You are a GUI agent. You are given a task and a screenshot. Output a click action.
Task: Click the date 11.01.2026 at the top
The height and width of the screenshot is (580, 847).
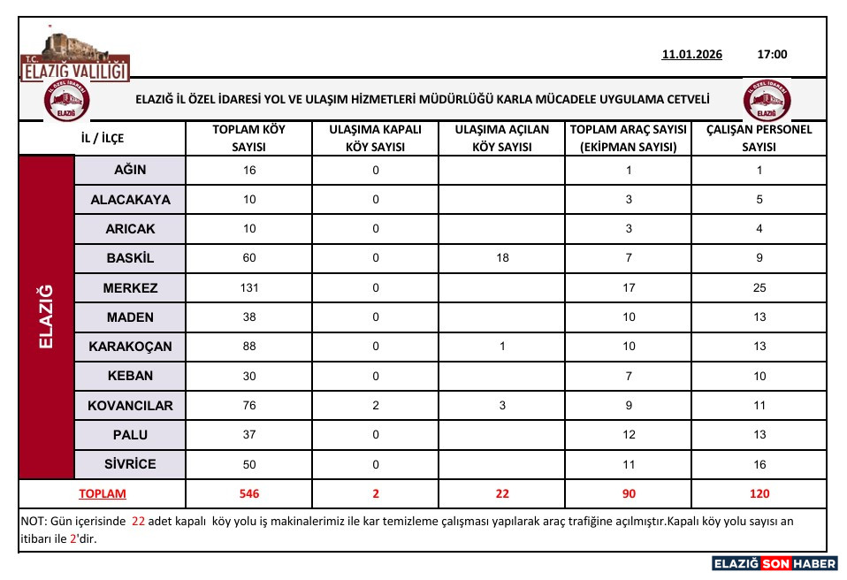pyautogui.click(x=691, y=55)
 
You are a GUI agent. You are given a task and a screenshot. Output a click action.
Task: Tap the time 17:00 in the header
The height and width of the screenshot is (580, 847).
pyautogui.click(x=772, y=55)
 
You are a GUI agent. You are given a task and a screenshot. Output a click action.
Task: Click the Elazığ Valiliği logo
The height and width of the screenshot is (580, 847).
pyautogui.click(x=75, y=58)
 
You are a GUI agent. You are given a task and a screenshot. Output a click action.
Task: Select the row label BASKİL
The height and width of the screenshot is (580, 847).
pyautogui.click(x=129, y=259)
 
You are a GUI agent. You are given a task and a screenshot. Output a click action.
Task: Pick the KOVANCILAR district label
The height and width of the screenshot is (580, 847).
pyautogui.click(x=130, y=406)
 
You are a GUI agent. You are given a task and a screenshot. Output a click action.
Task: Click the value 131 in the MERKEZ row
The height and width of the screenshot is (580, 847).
pyautogui.click(x=249, y=288)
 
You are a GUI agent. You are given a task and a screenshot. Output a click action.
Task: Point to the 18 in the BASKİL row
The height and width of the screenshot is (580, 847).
pyautogui.click(x=501, y=259)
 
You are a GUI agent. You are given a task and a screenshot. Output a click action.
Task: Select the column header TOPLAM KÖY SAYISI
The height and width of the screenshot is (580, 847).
pyautogui.click(x=249, y=138)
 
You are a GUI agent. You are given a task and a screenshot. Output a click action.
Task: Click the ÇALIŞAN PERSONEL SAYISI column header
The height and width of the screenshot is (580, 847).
pyautogui.click(x=759, y=138)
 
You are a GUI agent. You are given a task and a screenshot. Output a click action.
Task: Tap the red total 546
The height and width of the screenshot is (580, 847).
pyautogui.click(x=249, y=494)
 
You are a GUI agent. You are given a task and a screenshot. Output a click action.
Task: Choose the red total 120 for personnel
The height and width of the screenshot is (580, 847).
pyautogui.click(x=759, y=494)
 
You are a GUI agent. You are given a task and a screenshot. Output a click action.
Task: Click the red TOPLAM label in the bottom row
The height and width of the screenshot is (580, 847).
pyautogui.click(x=103, y=494)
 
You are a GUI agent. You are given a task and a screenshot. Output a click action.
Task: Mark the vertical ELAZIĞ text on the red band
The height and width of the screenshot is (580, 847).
pyautogui.click(x=47, y=317)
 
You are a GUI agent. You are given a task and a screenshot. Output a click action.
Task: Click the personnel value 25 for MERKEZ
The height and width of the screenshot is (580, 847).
pyautogui.click(x=759, y=288)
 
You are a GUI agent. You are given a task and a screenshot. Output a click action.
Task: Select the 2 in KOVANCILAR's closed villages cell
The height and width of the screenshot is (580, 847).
pyautogui.click(x=375, y=406)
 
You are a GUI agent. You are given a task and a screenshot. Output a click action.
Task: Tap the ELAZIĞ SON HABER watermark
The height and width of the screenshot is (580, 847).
pyautogui.click(x=775, y=563)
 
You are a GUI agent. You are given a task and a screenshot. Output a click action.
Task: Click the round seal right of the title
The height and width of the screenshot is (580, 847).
pyautogui.click(x=767, y=101)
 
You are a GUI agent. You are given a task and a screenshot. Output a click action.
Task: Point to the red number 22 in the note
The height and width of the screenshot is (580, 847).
pyautogui.click(x=138, y=522)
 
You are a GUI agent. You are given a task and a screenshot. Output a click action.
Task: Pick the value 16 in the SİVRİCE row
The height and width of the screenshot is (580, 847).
pyautogui.click(x=759, y=464)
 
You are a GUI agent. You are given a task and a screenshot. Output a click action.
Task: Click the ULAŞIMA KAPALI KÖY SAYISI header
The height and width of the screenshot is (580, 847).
pyautogui.click(x=375, y=138)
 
